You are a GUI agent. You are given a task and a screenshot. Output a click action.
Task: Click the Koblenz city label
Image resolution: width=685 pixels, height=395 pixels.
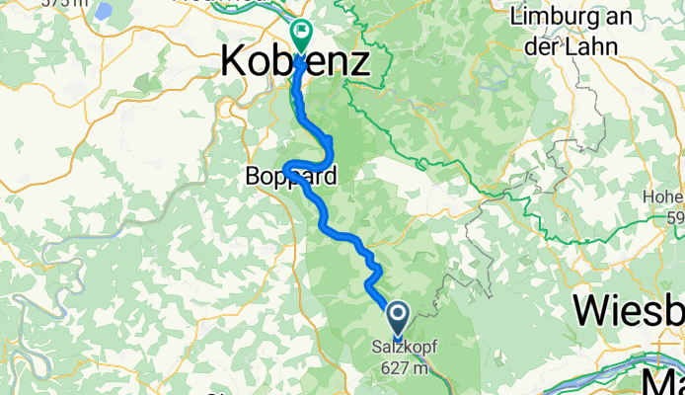pyautogui.click(x=294, y=61)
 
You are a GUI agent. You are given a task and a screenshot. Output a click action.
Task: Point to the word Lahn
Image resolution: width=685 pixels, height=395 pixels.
pyautogui.click(x=591, y=45)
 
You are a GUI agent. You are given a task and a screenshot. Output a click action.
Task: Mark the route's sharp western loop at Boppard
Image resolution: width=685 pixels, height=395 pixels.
pyautogui.click(x=286, y=166)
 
